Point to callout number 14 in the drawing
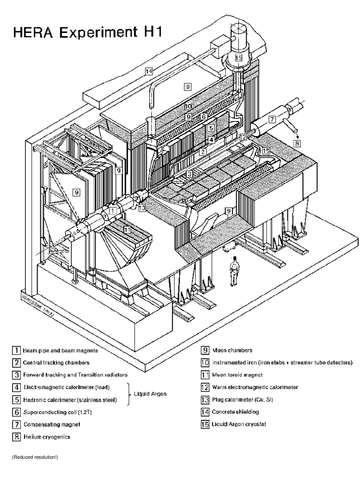(148, 71)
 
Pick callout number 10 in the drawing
(188, 106)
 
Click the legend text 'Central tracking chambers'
(51, 363)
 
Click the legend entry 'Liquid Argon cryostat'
(238, 424)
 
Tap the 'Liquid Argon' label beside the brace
(151, 393)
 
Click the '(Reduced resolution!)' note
(32, 458)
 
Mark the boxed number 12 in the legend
(204, 387)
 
